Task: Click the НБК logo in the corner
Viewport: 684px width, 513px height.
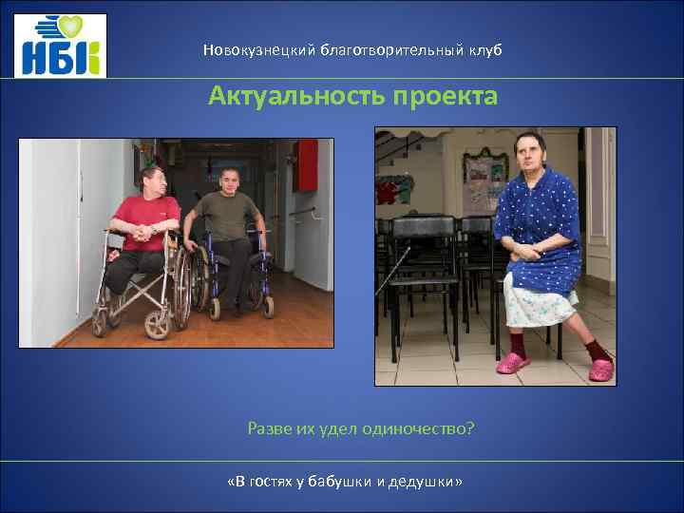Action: [x=60, y=47]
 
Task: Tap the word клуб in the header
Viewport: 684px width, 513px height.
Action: [x=481, y=49]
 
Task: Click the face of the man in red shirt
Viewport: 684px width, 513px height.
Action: [x=155, y=181]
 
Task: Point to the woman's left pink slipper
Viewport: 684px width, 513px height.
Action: [x=600, y=367]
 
